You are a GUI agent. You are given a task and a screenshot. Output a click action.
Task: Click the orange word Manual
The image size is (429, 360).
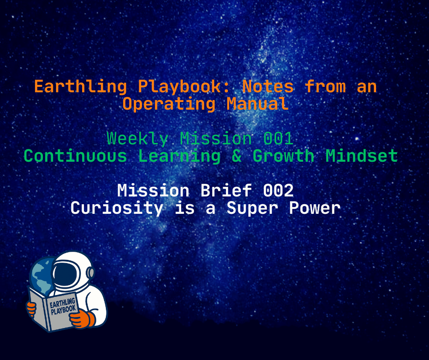[257, 104]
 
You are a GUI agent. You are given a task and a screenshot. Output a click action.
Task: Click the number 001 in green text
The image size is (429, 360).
[278, 138]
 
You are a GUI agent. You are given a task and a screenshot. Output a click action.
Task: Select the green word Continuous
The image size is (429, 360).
[75, 156]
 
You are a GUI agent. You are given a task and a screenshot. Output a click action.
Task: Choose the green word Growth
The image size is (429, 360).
[283, 156]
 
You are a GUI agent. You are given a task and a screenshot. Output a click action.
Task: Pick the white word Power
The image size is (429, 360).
[314, 208]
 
